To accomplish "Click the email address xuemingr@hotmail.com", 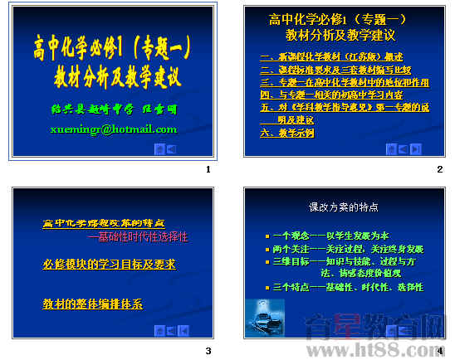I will pos(114,129).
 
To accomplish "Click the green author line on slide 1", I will pos(114,109).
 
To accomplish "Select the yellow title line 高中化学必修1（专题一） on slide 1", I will pos(117,46).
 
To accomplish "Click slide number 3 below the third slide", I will pos(208,351).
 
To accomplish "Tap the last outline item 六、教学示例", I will pos(286,133).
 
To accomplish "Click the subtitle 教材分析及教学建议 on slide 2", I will pos(340,36).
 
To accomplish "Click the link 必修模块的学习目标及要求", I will pos(109,265).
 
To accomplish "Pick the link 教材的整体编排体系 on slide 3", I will pos(92,304).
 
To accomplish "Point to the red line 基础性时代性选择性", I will pos(138,237).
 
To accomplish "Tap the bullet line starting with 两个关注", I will pos(348,248).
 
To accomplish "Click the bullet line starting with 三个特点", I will pos(347,287).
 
